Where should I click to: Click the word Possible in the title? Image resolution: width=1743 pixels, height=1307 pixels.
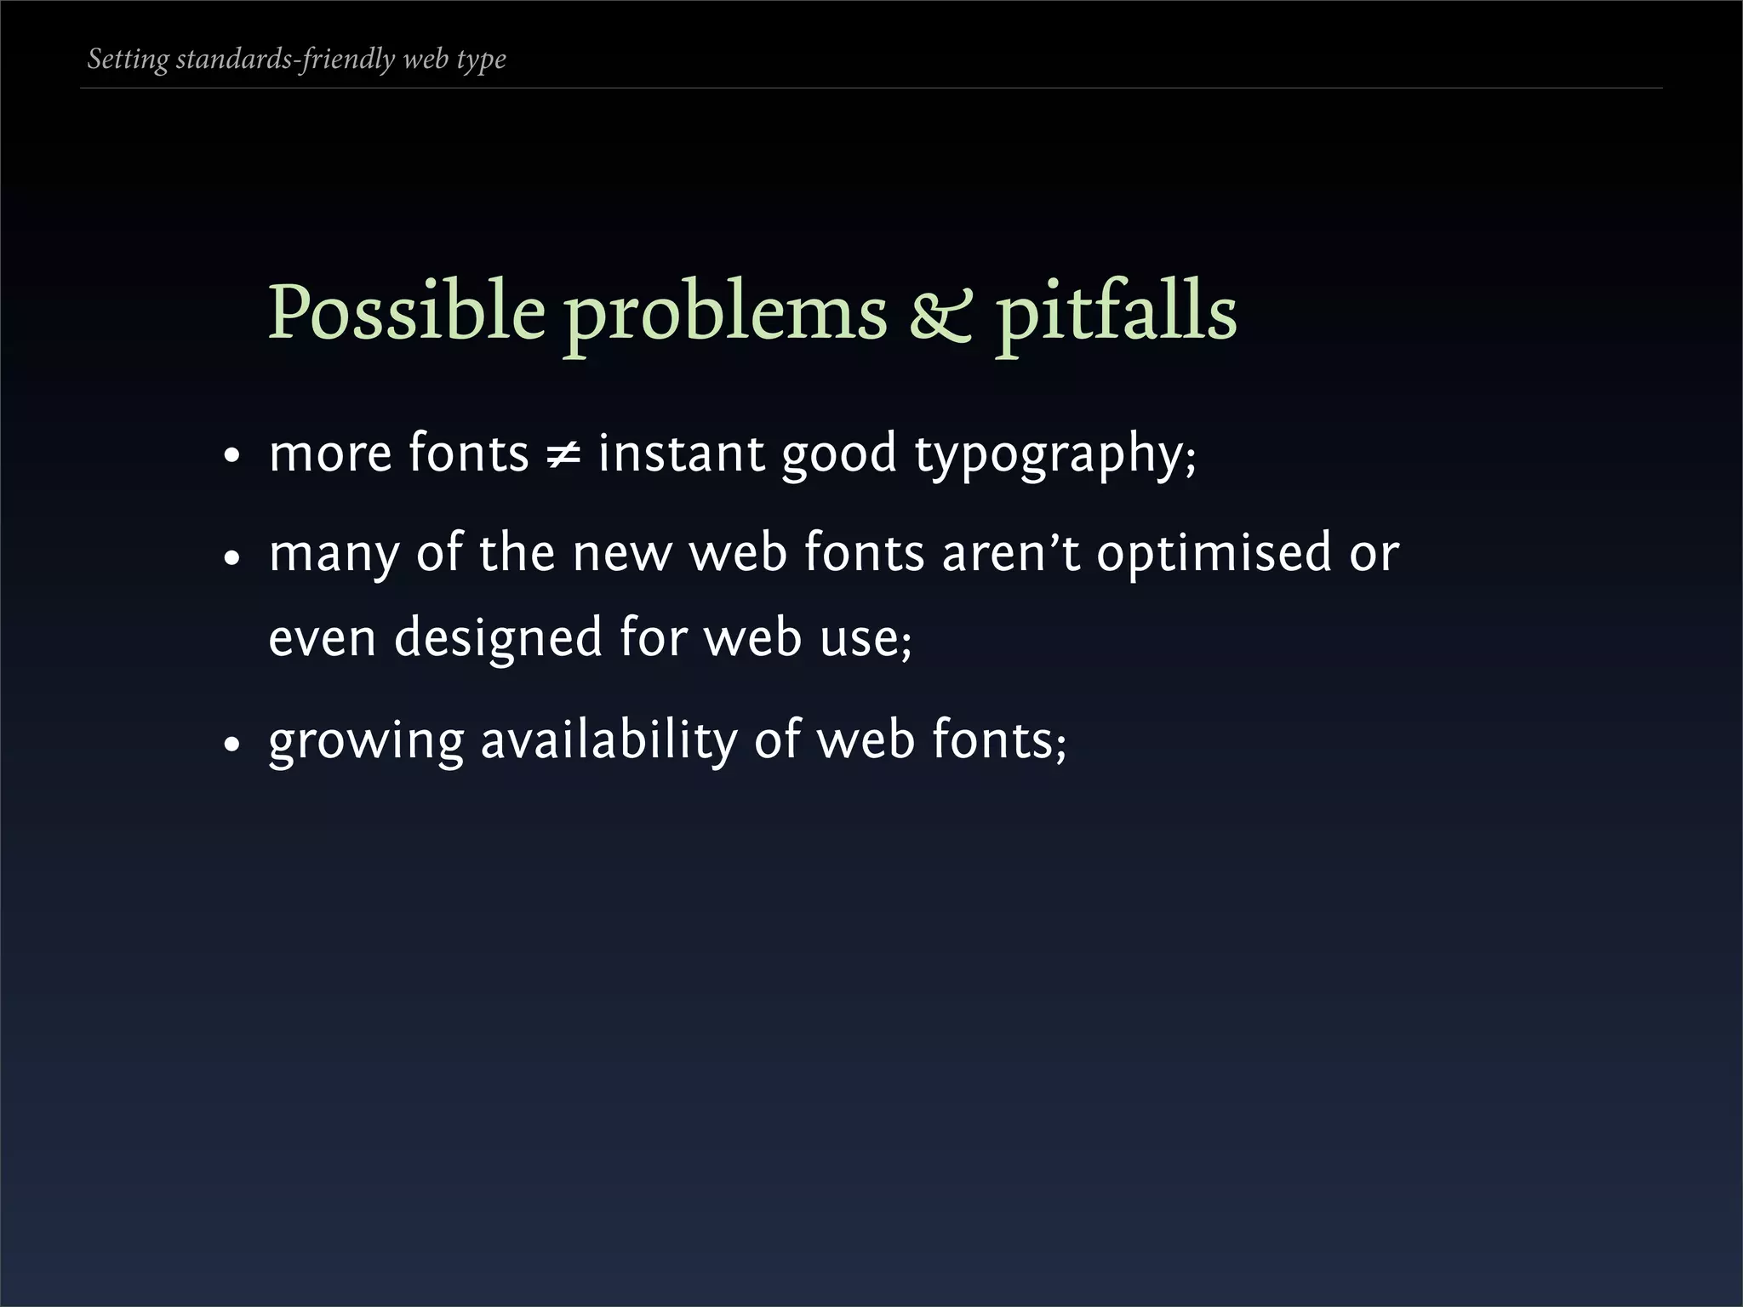[x=406, y=311]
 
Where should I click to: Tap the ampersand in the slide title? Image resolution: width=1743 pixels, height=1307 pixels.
[x=940, y=315]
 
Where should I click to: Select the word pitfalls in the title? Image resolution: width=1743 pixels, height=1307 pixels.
[x=1116, y=311]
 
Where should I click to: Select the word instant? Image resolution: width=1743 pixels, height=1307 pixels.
[x=680, y=454]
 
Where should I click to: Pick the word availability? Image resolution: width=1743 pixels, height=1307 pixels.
[x=609, y=740]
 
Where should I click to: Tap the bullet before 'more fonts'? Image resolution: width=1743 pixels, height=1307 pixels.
[x=231, y=458]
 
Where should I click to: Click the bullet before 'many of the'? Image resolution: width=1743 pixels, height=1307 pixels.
[x=231, y=558]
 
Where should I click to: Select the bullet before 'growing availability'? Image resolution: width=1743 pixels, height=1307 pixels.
[x=231, y=744]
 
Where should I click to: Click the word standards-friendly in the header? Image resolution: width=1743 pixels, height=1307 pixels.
[x=285, y=60]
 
